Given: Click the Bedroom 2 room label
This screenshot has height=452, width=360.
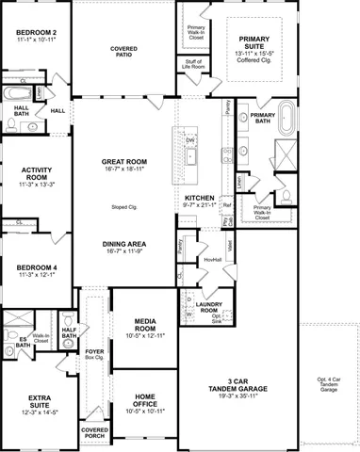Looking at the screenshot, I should tap(36, 35).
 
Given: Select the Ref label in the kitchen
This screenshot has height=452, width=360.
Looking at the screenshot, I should tap(226, 201).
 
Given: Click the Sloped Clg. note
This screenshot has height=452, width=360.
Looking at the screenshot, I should tap(125, 205).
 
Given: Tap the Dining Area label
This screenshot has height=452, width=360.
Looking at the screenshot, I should tap(125, 244).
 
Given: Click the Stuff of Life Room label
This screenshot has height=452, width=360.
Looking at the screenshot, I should tap(195, 64).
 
